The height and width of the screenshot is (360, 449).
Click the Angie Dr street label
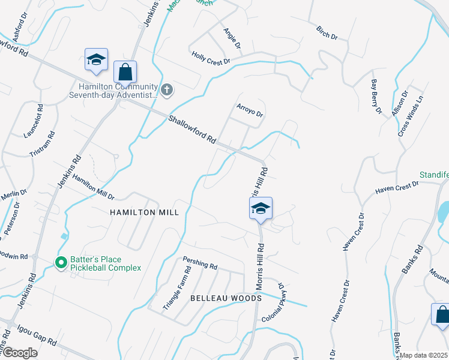coord(232,38)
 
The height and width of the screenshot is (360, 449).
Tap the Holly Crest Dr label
coord(211,58)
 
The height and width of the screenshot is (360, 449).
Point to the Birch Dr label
coord(327,33)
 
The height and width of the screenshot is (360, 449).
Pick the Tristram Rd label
coord(43,145)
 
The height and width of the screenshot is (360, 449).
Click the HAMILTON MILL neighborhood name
coord(145,212)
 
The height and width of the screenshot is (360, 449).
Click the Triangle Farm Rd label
coord(177,288)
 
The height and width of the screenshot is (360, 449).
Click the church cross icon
coord(167,91)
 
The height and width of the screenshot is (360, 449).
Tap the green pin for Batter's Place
coord(61,263)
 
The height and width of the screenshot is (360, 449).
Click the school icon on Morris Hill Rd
coord(261,209)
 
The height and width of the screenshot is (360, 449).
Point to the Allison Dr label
coord(399,103)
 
